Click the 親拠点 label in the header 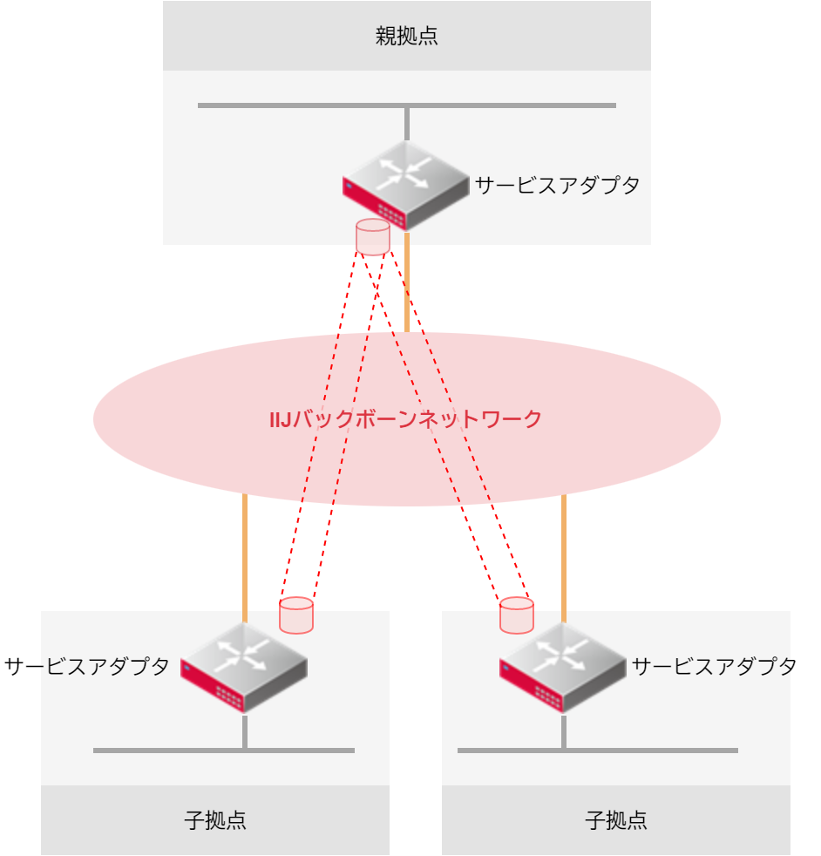click(x=406, y=37)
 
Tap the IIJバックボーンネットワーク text click(x=406, y=419)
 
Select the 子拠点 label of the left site click(x=215, y=820)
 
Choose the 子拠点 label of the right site click(x=616, y=820)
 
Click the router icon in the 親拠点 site click(x=407, y=184)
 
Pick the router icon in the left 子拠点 click(x=245, y=668)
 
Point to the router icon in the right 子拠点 click(x=563, y=668)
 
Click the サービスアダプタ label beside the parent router click(x=557, y=185)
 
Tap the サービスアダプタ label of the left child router click(x=86, y=667)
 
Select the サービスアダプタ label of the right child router click(x=714, y=667)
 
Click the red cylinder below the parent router click(x=373, y=237)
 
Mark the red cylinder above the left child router click(x=295, y=615)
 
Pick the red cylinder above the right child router click(x=516, y=615)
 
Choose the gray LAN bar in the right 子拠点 click(x=662, y=750)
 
